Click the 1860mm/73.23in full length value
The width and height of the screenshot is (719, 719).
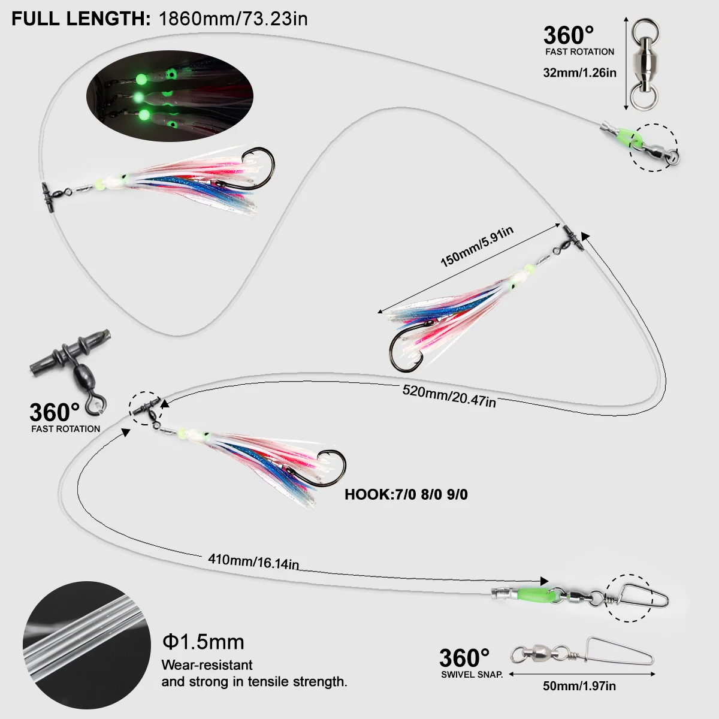pyautogui.click(x=233, y=19)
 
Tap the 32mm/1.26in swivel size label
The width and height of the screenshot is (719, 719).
pyautogui.click(x=579, y=73)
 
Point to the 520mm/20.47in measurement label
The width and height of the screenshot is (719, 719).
pyautogui.click(x=449, y=395)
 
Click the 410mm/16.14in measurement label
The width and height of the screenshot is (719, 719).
pyautogui.click(x=253, y=561)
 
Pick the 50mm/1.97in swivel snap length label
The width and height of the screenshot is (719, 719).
pyautogui.click(x=579, y=686)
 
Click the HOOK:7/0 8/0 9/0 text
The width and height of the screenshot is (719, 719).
pyautogui.click(x=406, y=494)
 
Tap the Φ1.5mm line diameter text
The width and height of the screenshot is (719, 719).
pyautogui.click(x=203, y=642)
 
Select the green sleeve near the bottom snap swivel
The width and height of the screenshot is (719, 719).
pyautogui.click(x=532, y=595)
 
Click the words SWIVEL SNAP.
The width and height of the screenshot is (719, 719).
pyautogui.click(x=472, y=675)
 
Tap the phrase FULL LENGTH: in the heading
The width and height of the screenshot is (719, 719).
pyautogui.click(x=81, y=19)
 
